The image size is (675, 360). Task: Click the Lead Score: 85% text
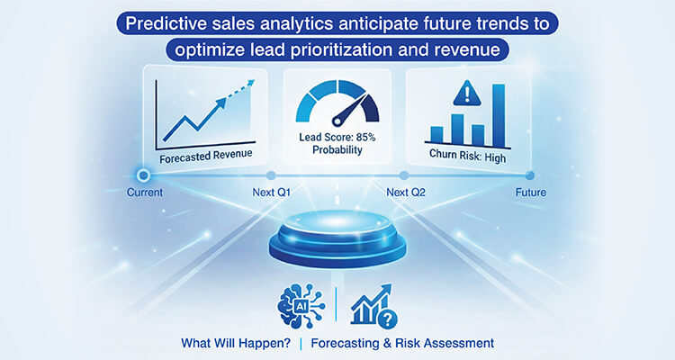(x=337, y=137)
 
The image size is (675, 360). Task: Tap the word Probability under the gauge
(x=337, y=150)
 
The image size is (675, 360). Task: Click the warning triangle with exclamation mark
(x=467, y=92)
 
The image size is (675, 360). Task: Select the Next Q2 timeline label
(x=407, y=193)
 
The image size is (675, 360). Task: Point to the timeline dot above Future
(x=530, y=175)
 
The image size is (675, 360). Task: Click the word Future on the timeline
(x=530, y=193)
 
